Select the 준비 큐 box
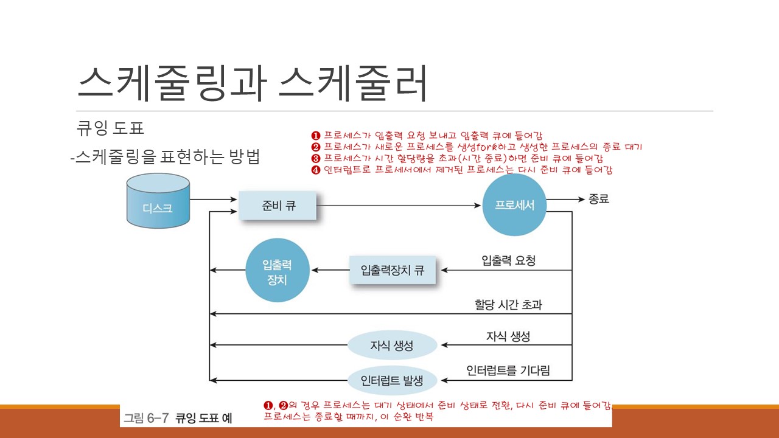point(278,205)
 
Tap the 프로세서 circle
point(514,205)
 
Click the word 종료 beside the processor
point(598,199)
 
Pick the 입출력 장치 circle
point(278,270)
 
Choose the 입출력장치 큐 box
point(393,270)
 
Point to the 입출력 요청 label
point(508,260)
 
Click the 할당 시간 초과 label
point(508,304)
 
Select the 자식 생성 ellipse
point(392,346)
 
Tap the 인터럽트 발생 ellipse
point(392,381)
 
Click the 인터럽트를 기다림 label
point(508,370)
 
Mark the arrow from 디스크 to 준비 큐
point(213,199)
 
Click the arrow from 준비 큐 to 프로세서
point(399,206)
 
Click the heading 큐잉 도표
point(110,129)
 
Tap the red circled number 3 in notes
point(315,158)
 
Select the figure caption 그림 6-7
point(147,418)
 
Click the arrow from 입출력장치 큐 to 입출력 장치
point(329,270)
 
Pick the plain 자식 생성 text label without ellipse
point(508,336)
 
